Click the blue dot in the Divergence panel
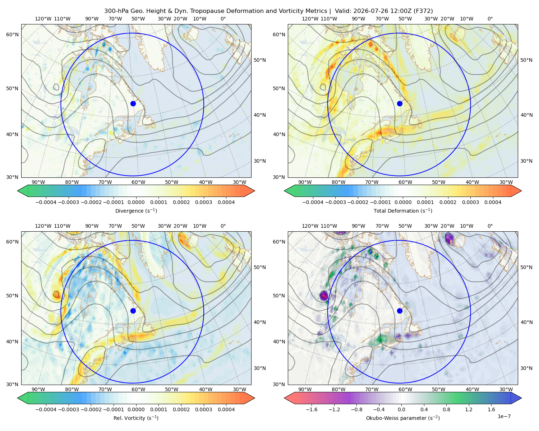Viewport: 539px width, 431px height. pyautogui.click(x=133, y=103)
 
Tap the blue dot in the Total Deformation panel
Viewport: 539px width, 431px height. pyautogui.click(x=400, y=103)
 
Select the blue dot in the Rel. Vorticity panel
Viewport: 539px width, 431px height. pyautogui.click(x=133, y=311)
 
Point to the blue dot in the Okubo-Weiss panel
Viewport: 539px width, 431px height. pyautogui.click(x=400, y=311)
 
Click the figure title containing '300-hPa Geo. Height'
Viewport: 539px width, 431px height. pyautogui.click(x=268, y=11)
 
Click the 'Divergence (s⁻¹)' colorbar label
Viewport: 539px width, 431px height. pyautogui.click(x=136, y=210)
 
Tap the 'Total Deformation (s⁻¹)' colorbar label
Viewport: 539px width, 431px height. pyautogui.click(x=403, y=210)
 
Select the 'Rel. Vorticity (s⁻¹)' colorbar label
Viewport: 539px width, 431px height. pyautogui.click(x=136, y=418)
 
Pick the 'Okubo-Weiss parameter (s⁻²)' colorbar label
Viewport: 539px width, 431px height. pyautogui.click(x=403, y=418)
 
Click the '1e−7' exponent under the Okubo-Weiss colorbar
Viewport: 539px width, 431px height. pyautogui.click(x=504, y=416)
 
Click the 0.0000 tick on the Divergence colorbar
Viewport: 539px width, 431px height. pyautogui.click(x=136, y=202)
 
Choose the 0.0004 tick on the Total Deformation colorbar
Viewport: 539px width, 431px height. pyautogui.click(x=493, y=202)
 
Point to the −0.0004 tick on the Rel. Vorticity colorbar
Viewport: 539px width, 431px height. pyautogui.click(x=46, y=409)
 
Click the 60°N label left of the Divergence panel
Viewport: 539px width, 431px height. pyautogui.click(x=12, y=34)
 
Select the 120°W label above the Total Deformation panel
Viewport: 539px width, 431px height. pyautogui.click(x=310, y=19)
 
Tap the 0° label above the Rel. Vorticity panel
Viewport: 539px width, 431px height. pyautogui.click(x=223, y=226)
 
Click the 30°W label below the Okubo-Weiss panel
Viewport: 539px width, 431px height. pyautogui.click(x=506, y=389)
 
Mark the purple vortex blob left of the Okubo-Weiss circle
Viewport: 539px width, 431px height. pyautogui.click(x=324, y=295)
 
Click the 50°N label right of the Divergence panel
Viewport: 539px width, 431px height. pyautogui.click(x=260, y=60)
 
